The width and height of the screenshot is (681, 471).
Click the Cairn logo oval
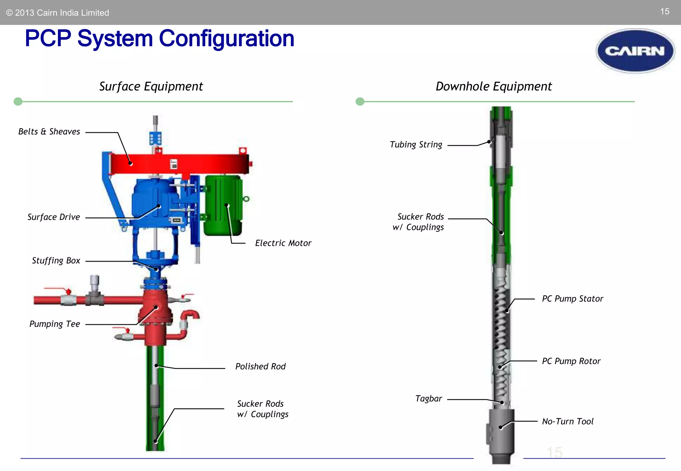point(635,51)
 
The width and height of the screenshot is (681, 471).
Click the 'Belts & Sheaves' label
point(49,132)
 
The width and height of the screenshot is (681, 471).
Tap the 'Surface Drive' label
point(54,217)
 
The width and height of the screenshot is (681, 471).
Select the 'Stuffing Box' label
point(56,260)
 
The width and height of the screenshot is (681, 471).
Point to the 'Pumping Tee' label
point(55,324)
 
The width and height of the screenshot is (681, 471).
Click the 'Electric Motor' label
point(283,243)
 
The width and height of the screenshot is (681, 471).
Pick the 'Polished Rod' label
point(260,366)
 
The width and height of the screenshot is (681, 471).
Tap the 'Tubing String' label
point(416,144)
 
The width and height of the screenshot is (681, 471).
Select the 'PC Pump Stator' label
point(572,299)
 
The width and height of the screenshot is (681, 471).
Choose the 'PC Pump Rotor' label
point(571,361)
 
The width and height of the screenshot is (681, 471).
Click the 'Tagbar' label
point(429,399)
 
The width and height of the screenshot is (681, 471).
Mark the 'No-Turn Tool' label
point(567,422)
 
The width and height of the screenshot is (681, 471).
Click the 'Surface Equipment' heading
point(151,86)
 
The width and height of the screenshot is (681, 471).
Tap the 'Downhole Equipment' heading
point(493,86)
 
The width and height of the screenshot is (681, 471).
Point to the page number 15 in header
point(664,12)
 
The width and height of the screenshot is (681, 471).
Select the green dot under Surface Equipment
point(18,101)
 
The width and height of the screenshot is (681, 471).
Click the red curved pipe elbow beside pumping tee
point(191,315)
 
